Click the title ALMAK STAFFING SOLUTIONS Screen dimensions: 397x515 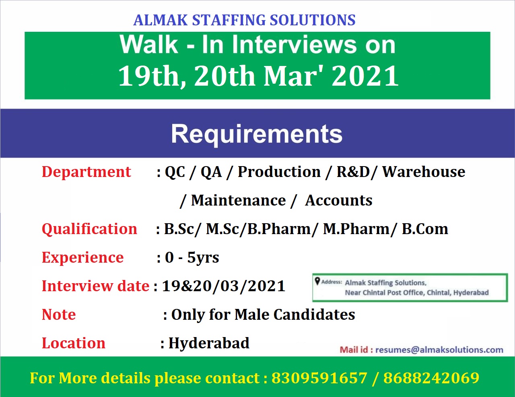[244, 20]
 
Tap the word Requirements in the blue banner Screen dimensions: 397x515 [257, 134]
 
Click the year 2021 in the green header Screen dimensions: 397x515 [365, 76]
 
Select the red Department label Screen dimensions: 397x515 [86, 172]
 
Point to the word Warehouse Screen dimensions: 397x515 [424, 172]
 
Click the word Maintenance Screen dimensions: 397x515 [238, 200]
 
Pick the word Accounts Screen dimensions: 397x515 [338, 200]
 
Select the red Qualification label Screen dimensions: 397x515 [89, 229]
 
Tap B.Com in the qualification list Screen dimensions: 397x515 [425, 229]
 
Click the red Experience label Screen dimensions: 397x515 [82, 258]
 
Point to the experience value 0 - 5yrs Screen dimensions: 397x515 [192, 258]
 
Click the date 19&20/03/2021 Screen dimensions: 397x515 [224, 286]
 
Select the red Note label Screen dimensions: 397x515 [59, 315]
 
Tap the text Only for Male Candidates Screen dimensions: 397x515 [263, 315]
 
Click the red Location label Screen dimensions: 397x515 [74, 344]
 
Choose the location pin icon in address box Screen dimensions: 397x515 [317, 282]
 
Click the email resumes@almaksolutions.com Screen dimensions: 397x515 [439, 350]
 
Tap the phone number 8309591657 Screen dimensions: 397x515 [319, 378]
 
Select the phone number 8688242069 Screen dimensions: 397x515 [431, 378]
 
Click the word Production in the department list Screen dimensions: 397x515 [279, 172]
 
